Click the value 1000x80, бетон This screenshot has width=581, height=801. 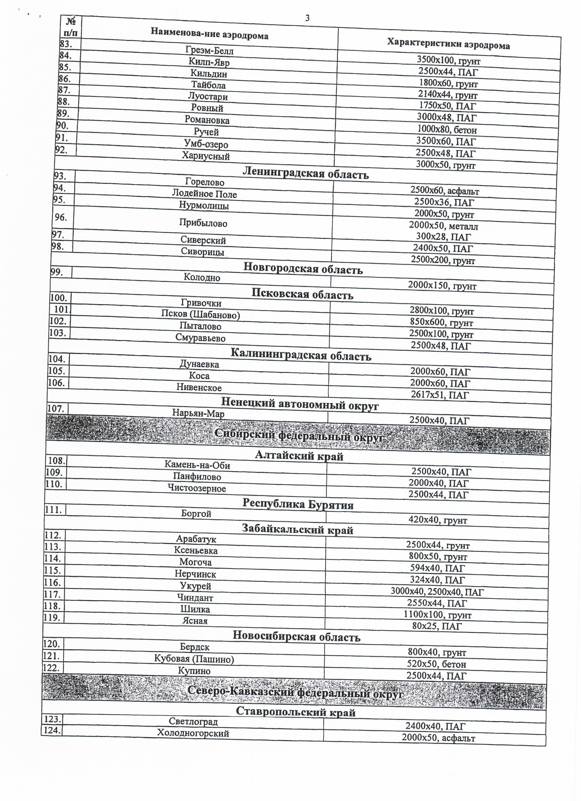point(447,130)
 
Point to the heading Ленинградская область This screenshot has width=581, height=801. point(305,173)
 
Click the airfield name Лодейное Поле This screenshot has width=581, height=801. point(204,193)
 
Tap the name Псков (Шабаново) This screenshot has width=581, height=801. point(200,314)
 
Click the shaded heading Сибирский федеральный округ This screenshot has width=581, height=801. point(299,437)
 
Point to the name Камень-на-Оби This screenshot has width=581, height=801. point(197,465)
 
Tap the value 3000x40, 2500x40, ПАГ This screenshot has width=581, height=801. point(437,592)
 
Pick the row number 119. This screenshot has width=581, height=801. point(52,617)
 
